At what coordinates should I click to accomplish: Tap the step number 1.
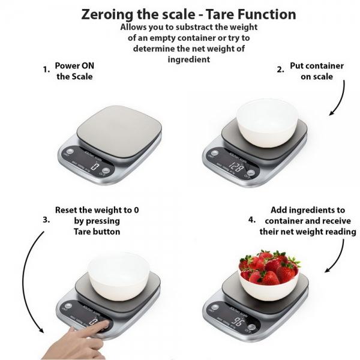46,70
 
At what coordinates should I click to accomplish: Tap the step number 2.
280,70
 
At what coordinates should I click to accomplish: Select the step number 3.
46,220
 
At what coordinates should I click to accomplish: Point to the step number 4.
252,220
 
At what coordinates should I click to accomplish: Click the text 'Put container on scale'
317,71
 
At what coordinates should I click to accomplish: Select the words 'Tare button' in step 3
97,232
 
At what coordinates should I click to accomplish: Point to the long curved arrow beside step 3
27,282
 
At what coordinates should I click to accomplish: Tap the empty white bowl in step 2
266,120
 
